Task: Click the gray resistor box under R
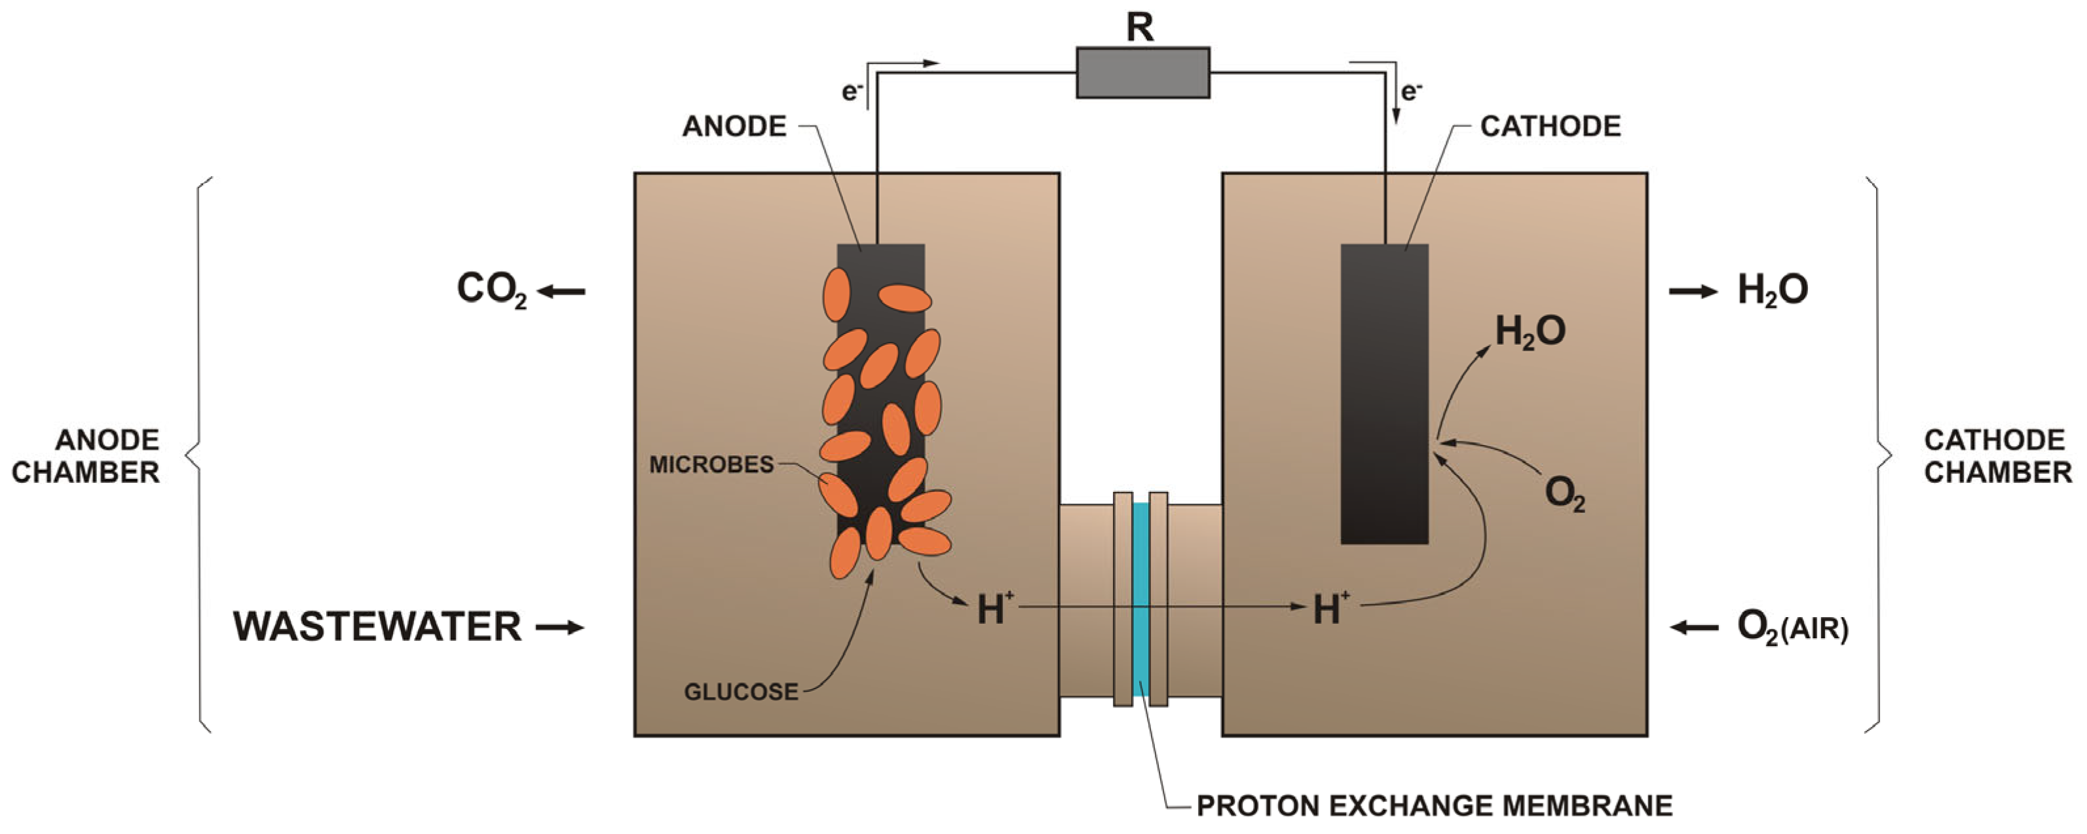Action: tap(1142, 73)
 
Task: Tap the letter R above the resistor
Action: tap(1140, 28)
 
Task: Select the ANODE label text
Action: tap(734, 126)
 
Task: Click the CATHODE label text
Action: tap(1550, 126)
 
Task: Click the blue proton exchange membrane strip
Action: tap(1140, 599)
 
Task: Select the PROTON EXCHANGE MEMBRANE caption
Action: tap(1434, 806)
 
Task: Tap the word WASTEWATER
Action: tap(377, 626)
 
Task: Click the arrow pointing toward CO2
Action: tap(561, 291)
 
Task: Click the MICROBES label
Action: tap(711, 465)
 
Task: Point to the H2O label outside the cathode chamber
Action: tap(1773, 290)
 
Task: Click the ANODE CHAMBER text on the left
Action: tap(86, 457)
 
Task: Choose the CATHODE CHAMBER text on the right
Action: tap(1997, 457)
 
